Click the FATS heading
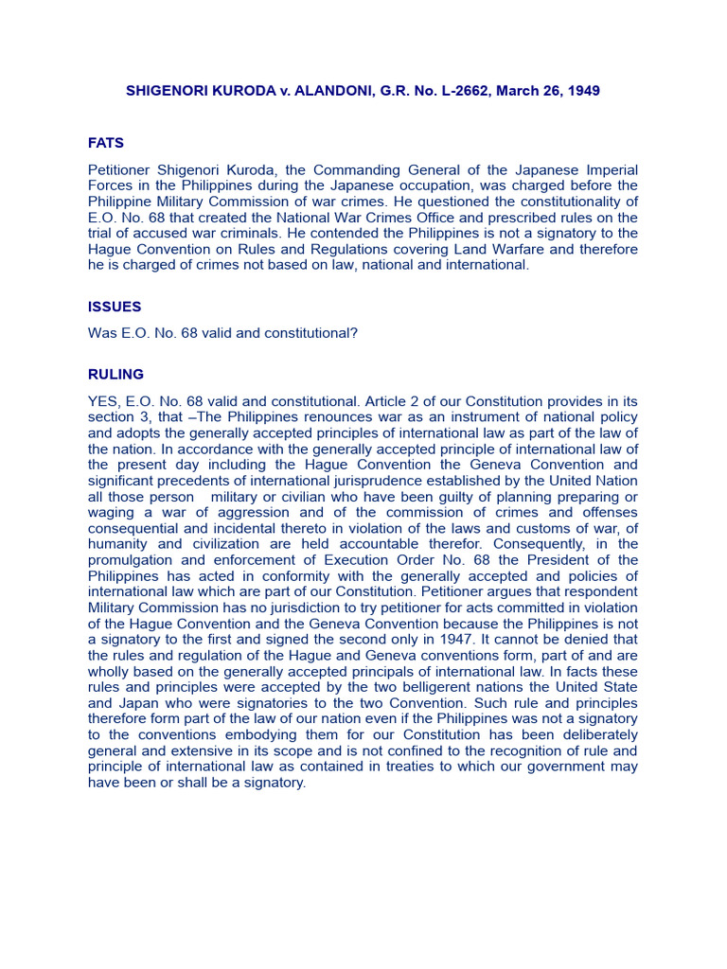(106, 143)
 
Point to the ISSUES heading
(115, 307)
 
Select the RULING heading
(115, 374)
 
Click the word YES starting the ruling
(103, 400)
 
